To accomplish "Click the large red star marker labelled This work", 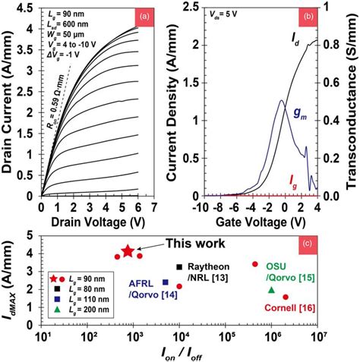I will tap(128, 251).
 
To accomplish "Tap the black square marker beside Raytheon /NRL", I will tap(179, 266).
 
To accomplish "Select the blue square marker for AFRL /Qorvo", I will tap(166, 282).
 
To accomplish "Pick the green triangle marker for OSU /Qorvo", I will tap(272, 290).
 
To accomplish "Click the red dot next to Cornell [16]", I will tap(286, 297).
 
